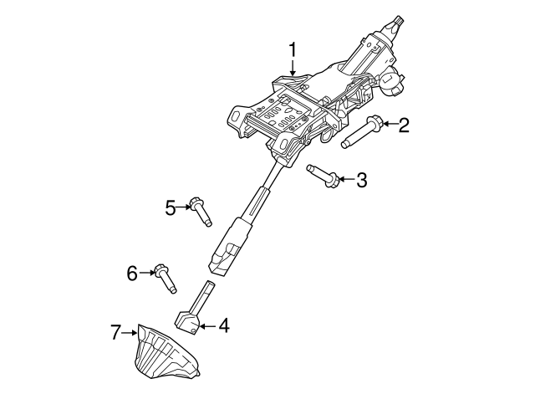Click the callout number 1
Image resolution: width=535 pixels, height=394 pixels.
coord(293,50)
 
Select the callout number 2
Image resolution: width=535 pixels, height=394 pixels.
coord(404,125)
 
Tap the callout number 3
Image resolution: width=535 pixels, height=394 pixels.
coord(361,180)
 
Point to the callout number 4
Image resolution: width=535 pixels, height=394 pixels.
coord(224,325)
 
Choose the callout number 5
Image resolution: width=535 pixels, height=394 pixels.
coord(171,207)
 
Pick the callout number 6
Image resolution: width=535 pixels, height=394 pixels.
coord(132,273)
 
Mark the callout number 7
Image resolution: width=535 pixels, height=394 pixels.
coord(115,332)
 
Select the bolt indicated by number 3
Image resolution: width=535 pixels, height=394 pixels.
coord(323,176)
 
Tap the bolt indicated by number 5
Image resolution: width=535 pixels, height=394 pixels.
coord(201,212)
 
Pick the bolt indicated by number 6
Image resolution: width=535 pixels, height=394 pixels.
coord(166,279)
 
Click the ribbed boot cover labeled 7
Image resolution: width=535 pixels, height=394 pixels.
coord(166,353)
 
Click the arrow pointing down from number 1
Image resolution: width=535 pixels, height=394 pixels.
coord(293,67)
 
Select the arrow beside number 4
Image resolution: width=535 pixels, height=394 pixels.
coord(207,326)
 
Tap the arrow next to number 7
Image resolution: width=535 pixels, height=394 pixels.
coord(130,332)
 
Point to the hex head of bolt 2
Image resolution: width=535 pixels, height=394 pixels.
coord(375,123)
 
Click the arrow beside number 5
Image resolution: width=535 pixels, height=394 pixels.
coord(184,207)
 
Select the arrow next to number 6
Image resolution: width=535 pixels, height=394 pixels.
coord(147,272)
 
